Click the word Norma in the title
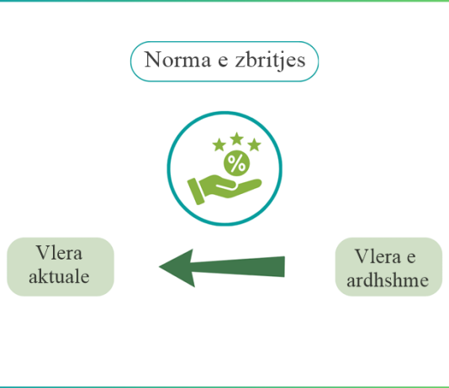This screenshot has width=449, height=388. point(177,60)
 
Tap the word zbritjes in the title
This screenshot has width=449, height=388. point(270,60)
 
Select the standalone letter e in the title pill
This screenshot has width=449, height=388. point(223,62)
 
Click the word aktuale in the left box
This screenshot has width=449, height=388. point(59,276)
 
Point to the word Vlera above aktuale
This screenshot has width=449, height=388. point(59,253)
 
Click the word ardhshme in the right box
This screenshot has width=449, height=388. point(388,280)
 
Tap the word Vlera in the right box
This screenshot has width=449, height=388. point(378,256)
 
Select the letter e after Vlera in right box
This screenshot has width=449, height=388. point(411,258)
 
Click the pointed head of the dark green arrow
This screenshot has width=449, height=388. point(161,266)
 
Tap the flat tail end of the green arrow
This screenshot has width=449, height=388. point(284,266)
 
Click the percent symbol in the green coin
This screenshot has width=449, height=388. point(236,163)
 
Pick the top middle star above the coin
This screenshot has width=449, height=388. point(236,139)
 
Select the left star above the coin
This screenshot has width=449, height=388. point(219,144)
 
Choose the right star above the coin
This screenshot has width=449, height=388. point(254,144)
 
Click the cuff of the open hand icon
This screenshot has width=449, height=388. point(196,191)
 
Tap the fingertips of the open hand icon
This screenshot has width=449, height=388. point(258,182)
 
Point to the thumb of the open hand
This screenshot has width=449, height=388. point(227,186)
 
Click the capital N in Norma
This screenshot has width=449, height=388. point(155,60)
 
